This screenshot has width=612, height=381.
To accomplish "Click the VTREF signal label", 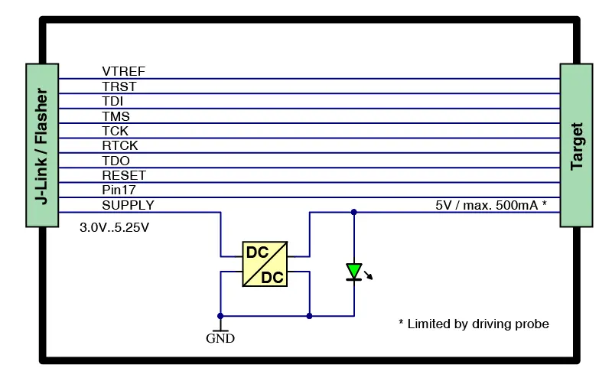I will coord(123,71).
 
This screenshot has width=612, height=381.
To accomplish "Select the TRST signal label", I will coord(119,86).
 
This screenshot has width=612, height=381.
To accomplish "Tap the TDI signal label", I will coord(112,101).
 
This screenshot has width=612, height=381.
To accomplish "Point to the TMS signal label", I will coord(116,116).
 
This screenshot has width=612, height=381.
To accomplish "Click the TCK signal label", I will coord(115,131).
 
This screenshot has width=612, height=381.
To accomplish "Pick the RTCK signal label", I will coord(119,145).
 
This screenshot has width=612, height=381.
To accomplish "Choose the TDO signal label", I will coord(116,161).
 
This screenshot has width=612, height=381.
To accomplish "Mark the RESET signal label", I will coord(123,175).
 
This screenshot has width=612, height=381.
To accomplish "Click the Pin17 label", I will coord(119,190).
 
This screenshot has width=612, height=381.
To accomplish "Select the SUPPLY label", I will coord(128,205).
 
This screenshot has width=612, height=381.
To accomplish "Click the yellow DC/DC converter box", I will coord(265,264).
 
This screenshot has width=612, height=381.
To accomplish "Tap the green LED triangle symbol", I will coord(353,271).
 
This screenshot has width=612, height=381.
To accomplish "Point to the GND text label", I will coord(220,338).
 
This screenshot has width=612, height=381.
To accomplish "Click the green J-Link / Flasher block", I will coord(42,145).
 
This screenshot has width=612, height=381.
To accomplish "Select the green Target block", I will coord(577,145).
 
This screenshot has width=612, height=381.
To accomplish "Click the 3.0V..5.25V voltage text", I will coord(115,228).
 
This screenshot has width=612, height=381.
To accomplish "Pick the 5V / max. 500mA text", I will coord(490,205).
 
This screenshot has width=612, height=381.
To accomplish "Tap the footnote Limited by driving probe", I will coord(474,324).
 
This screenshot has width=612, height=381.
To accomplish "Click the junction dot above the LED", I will coord(353,212).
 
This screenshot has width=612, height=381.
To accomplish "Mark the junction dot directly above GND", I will coord(220,315).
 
